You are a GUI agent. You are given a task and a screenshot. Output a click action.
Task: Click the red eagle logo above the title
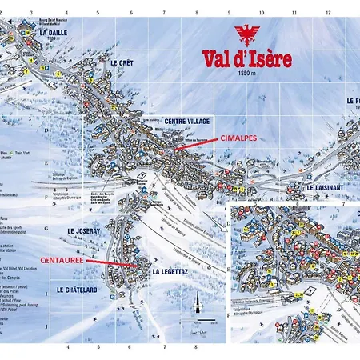coord(246,35)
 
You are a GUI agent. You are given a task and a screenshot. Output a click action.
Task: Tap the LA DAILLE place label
coord(54,33)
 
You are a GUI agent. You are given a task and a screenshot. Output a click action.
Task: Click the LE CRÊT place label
coord(120,62)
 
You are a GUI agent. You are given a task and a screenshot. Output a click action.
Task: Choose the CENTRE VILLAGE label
coord(186,121)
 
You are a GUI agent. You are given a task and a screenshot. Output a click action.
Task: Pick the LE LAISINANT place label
coord(325,187)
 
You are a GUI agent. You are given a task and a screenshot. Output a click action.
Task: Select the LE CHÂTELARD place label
coord(77,289)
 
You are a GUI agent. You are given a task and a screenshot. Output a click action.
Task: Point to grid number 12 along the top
coord(328,13)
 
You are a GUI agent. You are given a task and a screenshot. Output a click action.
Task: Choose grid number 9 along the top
coord(230,13)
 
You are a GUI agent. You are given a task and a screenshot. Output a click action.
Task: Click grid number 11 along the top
coord(295,13)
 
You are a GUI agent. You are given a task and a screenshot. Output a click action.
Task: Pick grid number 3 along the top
coord(31,13)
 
